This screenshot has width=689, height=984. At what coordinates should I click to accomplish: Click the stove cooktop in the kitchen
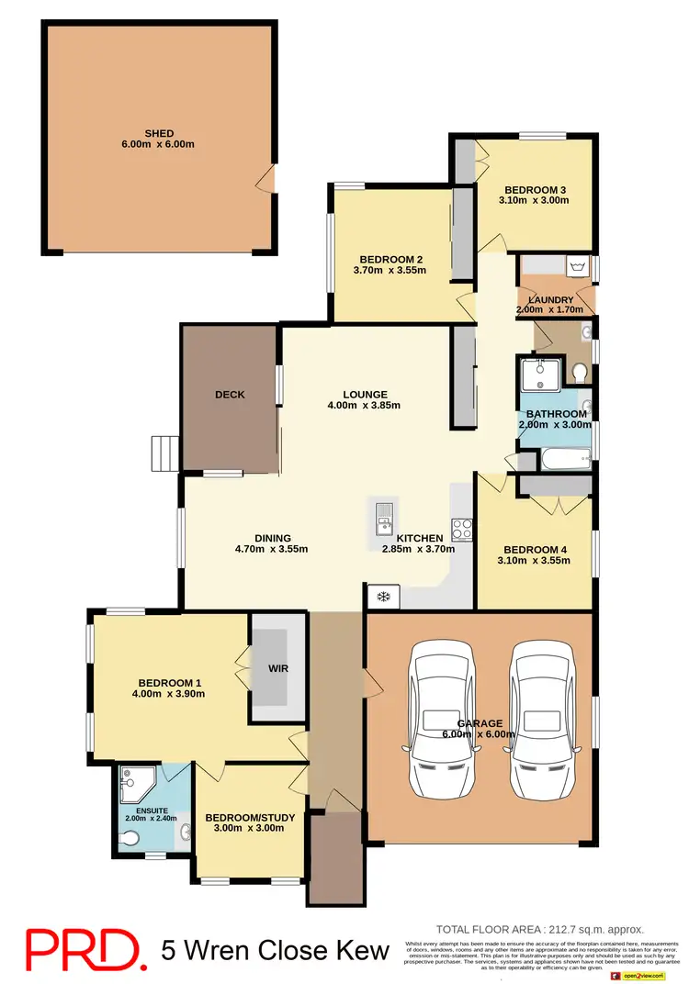coord(461,530)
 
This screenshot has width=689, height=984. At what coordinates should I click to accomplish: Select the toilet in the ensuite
coord(130,837)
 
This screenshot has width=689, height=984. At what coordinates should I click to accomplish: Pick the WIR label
coord(277,668)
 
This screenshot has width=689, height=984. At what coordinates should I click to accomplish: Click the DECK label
coord(230,395)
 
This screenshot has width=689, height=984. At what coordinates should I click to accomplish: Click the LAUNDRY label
coord(550,300)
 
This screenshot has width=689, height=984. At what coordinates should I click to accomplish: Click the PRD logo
coord(83,949)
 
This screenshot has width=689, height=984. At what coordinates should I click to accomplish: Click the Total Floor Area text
coord(539,929)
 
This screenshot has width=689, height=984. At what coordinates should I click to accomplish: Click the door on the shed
coord(266,179)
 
